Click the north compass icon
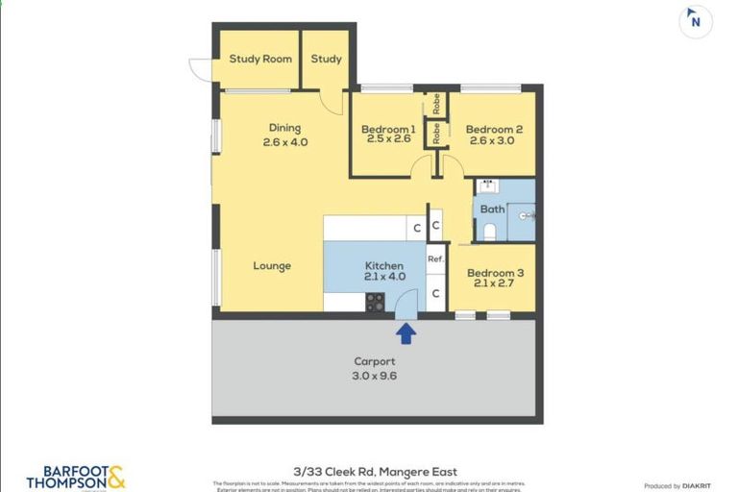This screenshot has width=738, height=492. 695,22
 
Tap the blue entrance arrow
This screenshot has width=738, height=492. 406,332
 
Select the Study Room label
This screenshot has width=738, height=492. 260,59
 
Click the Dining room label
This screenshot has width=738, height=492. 284,128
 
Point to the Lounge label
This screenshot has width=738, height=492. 272,266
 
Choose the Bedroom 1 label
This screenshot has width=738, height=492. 388,130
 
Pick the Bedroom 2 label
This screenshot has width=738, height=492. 494,130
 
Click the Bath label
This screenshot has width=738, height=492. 492,209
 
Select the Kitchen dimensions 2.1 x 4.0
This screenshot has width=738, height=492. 383,277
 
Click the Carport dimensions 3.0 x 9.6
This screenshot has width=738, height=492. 374,376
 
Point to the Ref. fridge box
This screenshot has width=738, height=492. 435,258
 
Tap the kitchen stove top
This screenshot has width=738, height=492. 375,302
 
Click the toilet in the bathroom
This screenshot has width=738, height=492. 489,231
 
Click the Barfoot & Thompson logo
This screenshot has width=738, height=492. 76,478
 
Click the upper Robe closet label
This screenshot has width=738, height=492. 436,105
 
